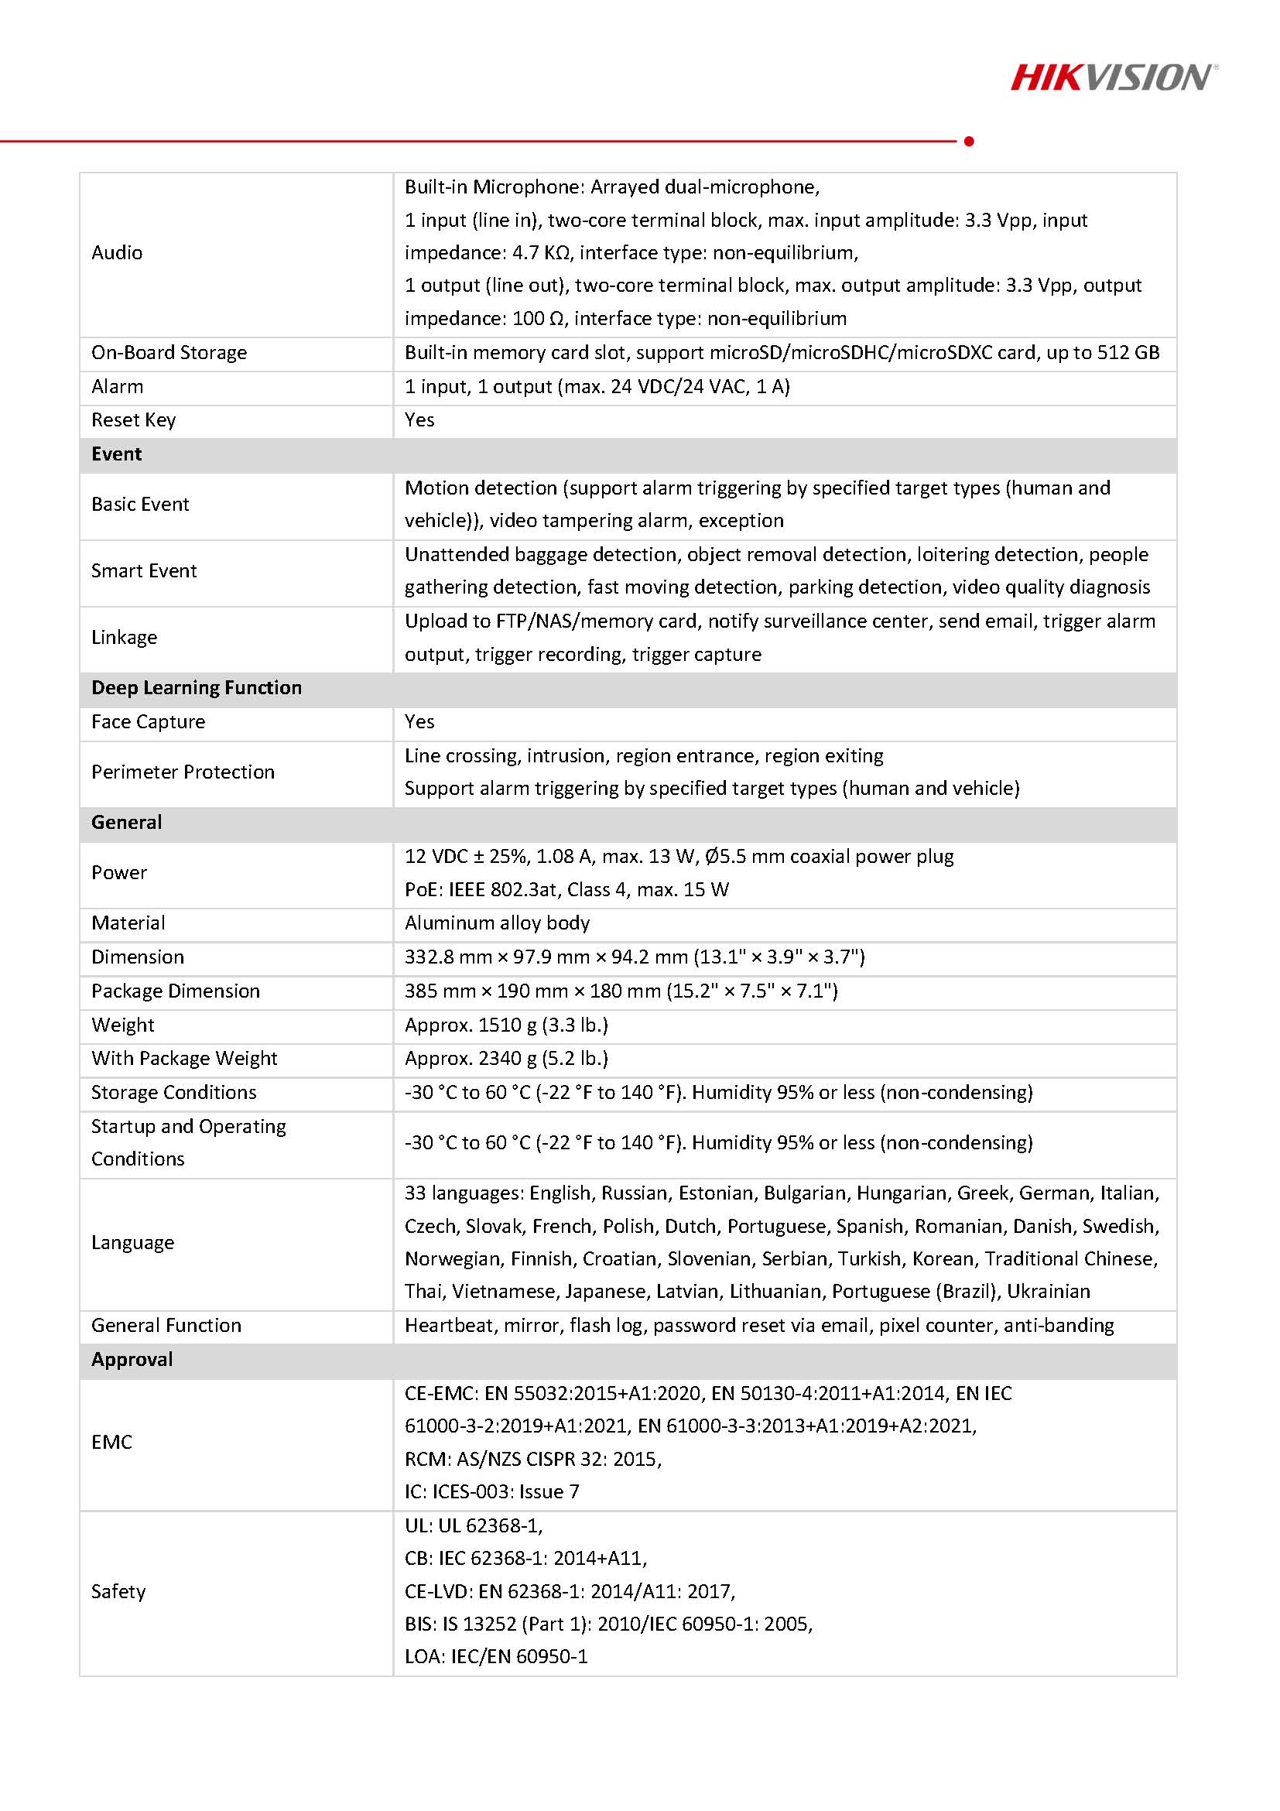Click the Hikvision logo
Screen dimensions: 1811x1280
coord(1113,77)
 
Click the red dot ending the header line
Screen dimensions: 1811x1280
coord(969,141)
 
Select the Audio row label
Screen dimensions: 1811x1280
coord(117,252)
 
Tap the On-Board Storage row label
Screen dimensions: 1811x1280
coord(169,353)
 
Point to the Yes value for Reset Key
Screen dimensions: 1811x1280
coord(419,419)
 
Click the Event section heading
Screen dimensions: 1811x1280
coord(117,454)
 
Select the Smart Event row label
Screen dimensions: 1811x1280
coord(143,571)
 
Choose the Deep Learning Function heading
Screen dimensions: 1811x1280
coord(197,688)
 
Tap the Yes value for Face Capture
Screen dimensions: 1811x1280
coord(419,722)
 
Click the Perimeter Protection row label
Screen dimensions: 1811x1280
coord(183,772)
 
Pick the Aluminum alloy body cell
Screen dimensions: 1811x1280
coord(497,923)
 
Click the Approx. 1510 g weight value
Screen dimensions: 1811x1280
coord(506,1025)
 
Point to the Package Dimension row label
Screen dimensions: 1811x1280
coord(175,991)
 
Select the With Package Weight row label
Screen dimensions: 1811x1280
coord(183,1059)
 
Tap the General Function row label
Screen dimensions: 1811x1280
coord(166,1325)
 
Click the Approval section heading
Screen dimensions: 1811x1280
coord(132,1359)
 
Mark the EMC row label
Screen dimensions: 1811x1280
coord(111,1442)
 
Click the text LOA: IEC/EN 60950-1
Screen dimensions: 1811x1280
coord(496,1656)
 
